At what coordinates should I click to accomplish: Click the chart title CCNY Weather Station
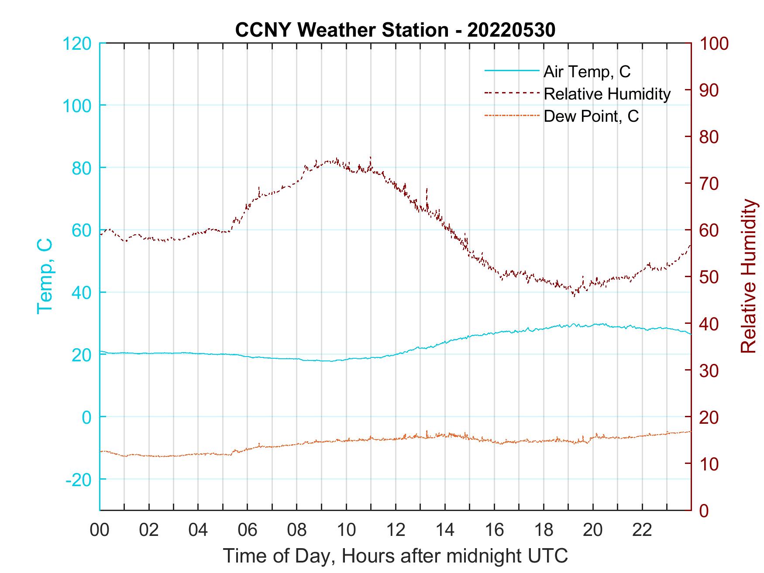point(395,30)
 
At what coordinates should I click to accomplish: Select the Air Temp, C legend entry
point(587,72)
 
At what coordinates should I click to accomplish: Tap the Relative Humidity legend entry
point(607,94)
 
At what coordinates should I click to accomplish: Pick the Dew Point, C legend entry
point(591,117)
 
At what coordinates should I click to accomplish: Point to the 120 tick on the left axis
point(77,44)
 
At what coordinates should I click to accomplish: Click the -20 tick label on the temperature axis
point(79,480)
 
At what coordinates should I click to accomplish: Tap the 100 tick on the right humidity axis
point(714,44)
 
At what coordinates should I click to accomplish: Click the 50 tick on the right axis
point(709,277)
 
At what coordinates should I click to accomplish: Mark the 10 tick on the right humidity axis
point(709,464)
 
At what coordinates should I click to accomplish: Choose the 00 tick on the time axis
point(100,530)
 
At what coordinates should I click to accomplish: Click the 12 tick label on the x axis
point(396,530)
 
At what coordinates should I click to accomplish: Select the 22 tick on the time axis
point(642,530)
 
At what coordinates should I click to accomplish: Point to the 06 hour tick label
point(248,530)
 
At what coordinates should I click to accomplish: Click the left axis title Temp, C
point(45,276)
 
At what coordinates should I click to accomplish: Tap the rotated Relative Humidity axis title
point(748,276)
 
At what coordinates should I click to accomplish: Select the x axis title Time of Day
point(396,556)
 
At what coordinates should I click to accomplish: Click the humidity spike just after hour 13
point(427,189)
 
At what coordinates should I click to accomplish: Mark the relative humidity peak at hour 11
point(371,158)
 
